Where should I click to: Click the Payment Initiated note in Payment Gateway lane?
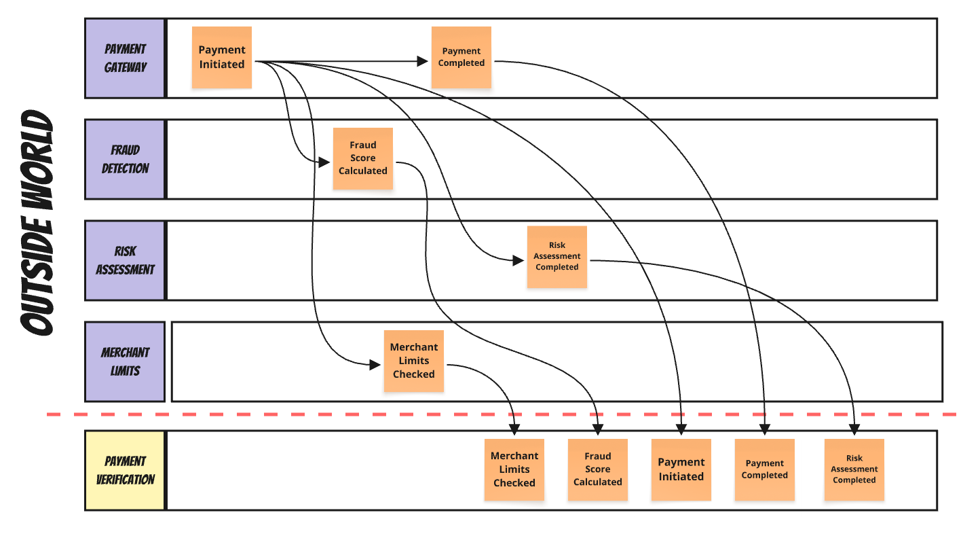[x=222, y=57]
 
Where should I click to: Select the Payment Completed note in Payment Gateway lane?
[x=461, y=57]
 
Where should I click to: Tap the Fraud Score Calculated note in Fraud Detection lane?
[x=363, y=158]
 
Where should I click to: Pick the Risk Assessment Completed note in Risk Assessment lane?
[x=557, y=256]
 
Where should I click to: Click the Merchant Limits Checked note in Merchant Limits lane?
[x=414, y=361]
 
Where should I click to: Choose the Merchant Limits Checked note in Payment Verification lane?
[x=514, y=469]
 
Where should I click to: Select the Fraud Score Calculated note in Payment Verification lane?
[x=598, y=469]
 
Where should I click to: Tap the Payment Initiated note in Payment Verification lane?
[x=681, y=469]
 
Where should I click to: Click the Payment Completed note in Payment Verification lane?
[x=765, y=469]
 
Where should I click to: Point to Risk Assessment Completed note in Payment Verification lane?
[x=854, y=469]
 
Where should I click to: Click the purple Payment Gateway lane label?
[x=125, y=58]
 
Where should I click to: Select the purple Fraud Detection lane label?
[x=125, y=160]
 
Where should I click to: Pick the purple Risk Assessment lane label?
[x=125, y=260]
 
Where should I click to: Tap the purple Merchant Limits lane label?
[x=125, y=361]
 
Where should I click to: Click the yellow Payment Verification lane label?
[x=125, y=470]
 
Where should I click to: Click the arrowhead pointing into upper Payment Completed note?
[x=423, y=62]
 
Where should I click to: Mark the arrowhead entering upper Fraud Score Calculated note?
[x=325, y=162]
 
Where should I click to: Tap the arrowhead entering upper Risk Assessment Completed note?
[x=519, y=260]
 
